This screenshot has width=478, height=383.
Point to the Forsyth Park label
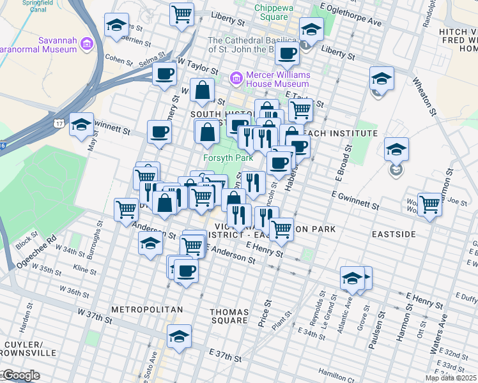pyautogui.click(x=228, y=157)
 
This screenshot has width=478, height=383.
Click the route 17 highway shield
pyautogui.click(x=59, y=123)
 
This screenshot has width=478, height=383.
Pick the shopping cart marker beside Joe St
pyautogui.click(x=429, y=204)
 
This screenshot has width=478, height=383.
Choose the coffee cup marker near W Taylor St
pyautogui.click(x=164, y=73)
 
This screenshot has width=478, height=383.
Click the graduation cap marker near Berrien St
pyautogui.click(x=116, y=25)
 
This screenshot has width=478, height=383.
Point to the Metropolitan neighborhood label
pyautogui.click(x=147, y=310)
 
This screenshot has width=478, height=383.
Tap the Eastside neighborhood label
pyautogui.click(x=394, y=234)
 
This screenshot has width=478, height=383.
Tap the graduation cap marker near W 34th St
pyautogui.click(x=150, y=243)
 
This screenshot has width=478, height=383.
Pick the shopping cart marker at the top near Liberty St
pyautogui.click(x=182, y=13)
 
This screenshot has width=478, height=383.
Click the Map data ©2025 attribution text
pyautogui.click(x=451, y=377)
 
